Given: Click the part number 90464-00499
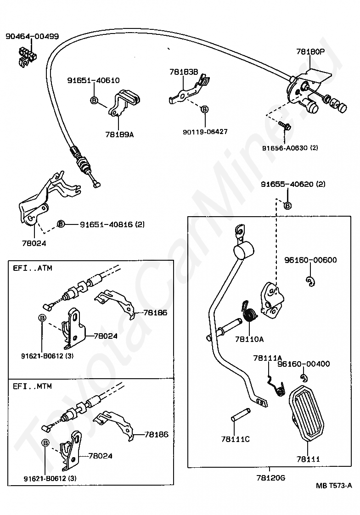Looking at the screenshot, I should point(32,36).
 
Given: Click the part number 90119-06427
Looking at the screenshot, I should point(205,132).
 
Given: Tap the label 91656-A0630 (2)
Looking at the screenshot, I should point(290,148).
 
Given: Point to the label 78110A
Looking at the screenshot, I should point(249,339).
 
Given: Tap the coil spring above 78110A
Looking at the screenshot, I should point(250,314).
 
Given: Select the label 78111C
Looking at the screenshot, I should point(235,439).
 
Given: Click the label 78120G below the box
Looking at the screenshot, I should point(271,477).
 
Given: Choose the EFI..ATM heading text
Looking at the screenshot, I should point(32,268).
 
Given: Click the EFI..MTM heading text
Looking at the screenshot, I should point(32,386).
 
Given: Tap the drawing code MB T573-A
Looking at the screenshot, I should point(334,486).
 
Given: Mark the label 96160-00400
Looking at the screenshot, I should point(304,364).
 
